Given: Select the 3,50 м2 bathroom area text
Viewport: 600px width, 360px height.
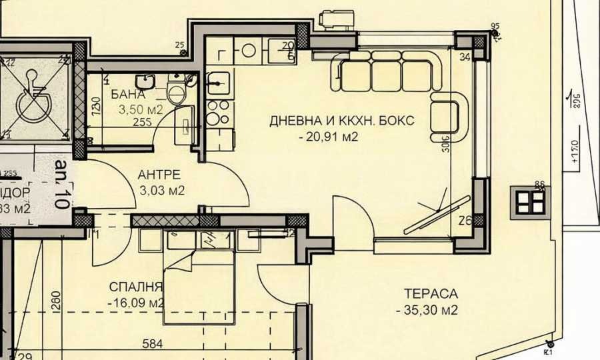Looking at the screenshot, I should [x=141, y=109].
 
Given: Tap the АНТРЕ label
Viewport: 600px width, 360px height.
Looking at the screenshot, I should [x=159, y=175].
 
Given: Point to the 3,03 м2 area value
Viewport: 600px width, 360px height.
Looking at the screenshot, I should [x=161, y=191].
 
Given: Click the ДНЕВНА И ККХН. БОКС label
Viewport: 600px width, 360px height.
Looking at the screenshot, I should [x=342, y=121].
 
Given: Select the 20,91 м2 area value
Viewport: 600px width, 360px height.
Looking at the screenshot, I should [x=330, y=137].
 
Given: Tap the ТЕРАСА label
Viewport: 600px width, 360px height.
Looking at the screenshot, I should [x=431, y=294].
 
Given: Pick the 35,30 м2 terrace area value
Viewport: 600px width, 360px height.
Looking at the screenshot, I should [x=426, y=310].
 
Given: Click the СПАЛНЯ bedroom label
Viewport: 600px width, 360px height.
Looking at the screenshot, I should [x=136, y=287].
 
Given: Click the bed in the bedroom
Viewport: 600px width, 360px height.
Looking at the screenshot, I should [x=199, y=280].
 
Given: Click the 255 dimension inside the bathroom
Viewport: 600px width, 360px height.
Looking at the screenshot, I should [x=141, y=122].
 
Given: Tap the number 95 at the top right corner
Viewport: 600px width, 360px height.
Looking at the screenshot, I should [x=495, y=27].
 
